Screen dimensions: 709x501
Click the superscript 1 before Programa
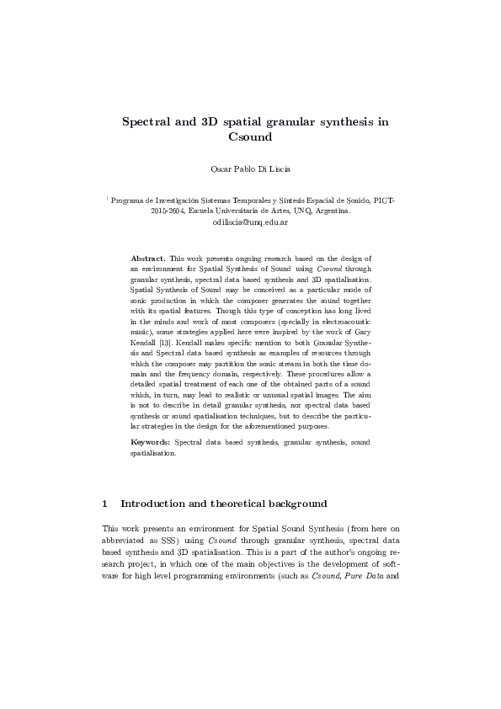click(107, 199)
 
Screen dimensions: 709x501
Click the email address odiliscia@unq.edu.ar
click(250, 223)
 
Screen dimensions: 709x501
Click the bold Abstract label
click(148, 257)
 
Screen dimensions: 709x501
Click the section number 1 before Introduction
click(104, 504)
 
